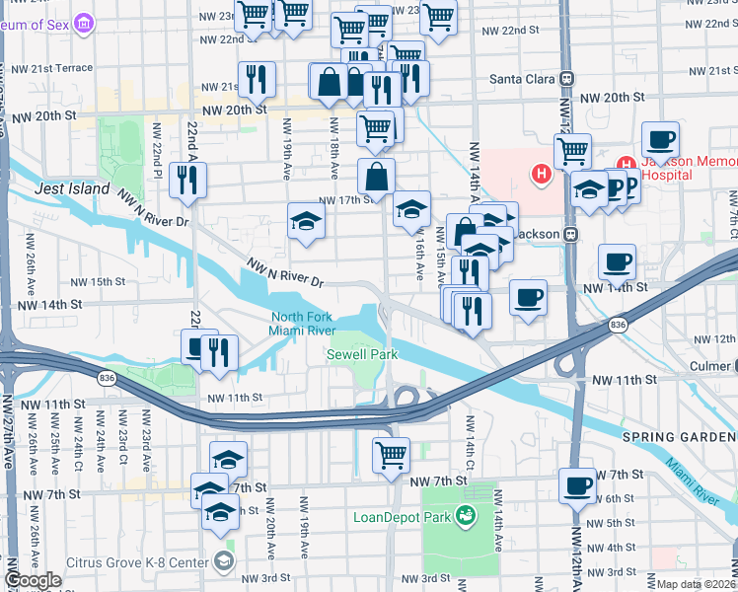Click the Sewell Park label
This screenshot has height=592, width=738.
coord(355,353)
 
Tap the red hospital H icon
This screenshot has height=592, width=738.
coord(540,176)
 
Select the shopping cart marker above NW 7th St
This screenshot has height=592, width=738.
coord(392,455)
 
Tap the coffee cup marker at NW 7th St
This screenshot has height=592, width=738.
coord(577,484)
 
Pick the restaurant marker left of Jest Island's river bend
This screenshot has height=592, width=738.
coord(185,179)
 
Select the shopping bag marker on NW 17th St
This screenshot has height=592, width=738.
coord(376,178)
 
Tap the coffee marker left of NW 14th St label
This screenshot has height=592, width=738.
coord(528,297)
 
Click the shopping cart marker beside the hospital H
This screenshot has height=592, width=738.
coord(572,151)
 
